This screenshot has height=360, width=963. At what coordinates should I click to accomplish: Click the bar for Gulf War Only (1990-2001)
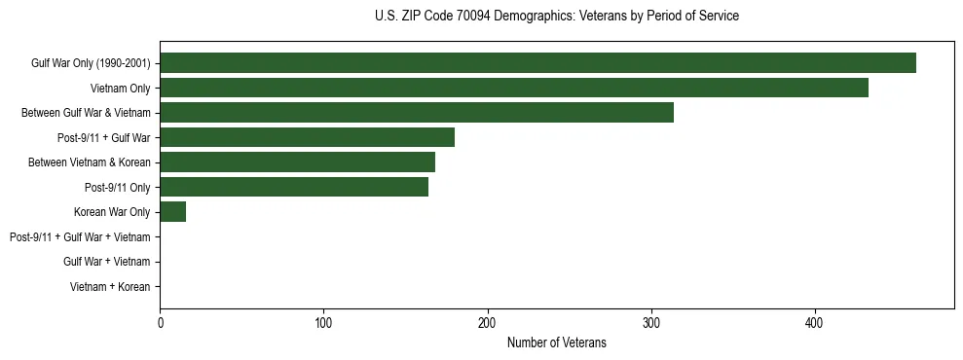click(537, 62)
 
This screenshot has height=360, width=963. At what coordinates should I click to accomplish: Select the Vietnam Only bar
click(514, 88)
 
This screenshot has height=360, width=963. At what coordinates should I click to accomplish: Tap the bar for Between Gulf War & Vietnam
click(417, 112)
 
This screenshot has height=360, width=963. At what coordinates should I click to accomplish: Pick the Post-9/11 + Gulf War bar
click(307, 137)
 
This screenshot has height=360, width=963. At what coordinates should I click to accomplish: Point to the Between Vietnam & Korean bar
click(297, 162)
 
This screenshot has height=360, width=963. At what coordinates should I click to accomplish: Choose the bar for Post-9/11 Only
click(294, 187)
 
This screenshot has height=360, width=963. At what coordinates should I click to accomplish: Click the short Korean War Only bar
click(172, 211)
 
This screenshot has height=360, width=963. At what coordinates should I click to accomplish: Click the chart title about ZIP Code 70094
click(556, 17)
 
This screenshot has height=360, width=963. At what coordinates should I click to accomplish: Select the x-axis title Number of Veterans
click(556, 342)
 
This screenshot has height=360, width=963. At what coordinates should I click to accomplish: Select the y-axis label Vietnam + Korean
click(110, 287)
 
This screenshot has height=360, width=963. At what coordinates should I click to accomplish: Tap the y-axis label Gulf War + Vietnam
click(106, 262)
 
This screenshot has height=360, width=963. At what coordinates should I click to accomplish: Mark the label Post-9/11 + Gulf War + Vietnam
click(80, 237)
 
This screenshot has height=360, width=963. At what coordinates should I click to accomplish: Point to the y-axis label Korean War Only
click(112, 212)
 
